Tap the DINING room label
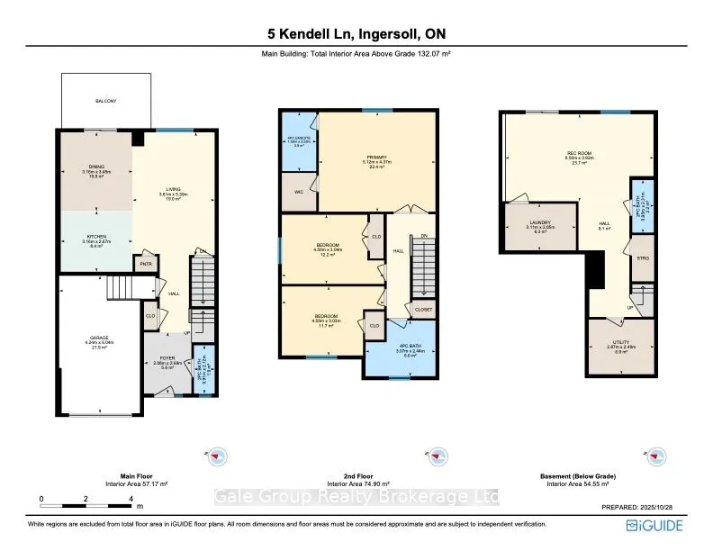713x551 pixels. (x=95, y=167)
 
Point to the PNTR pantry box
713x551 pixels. (x=144, y=264)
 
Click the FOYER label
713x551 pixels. (x=168, y=358)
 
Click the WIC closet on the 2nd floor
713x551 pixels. (x=298, y=193)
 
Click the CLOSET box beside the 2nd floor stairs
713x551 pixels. (x=421, y=309)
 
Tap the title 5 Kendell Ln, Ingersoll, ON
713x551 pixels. (x=356, y=34)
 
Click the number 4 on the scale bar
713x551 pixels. (x=131, y=497)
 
